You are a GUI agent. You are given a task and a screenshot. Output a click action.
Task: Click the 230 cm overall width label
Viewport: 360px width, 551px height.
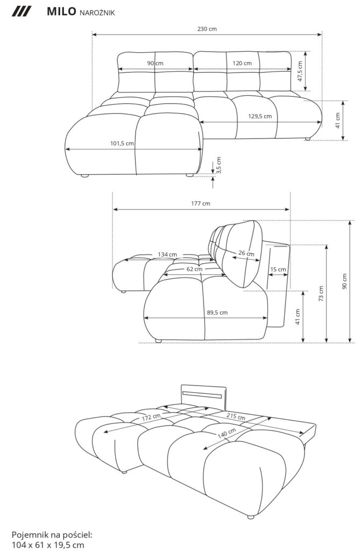[x=207, y=29]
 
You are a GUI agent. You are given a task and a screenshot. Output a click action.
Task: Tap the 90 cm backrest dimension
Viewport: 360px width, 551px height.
[x=155, y=63]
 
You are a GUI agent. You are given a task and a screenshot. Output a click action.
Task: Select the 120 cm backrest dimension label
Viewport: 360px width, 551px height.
[x=242, y=63]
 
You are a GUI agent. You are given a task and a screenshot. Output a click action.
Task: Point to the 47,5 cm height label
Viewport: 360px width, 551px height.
[x=300, y=72]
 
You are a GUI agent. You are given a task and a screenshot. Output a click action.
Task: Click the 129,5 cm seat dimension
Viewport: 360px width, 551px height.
[x=260, y=116]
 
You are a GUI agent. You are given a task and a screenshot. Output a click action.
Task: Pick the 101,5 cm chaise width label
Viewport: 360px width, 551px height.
[x=122, y=143]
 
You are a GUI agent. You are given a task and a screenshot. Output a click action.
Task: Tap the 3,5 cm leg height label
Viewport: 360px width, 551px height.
[x=218, y=165]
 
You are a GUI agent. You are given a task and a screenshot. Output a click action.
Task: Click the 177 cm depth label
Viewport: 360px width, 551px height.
[x=201, y=203]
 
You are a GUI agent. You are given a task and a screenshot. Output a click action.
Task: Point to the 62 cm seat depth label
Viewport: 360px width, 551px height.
[x=194, y=269]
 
